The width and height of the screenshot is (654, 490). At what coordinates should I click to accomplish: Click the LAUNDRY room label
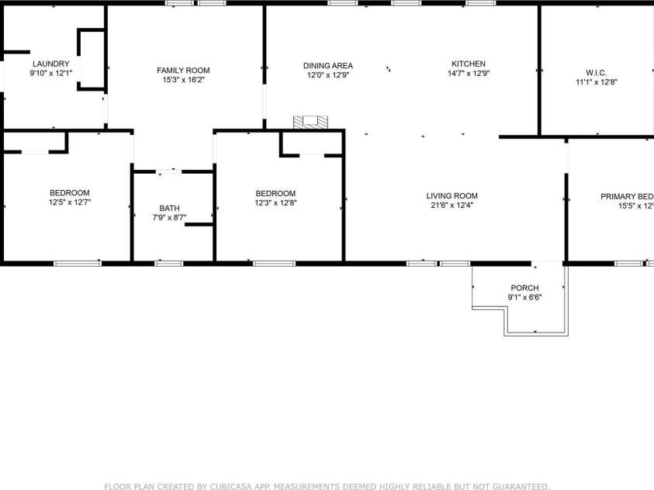50,64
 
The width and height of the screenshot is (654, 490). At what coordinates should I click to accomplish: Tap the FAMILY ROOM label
183,70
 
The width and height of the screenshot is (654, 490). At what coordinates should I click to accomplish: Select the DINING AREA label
328,65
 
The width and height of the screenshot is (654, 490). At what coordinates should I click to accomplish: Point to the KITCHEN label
469,64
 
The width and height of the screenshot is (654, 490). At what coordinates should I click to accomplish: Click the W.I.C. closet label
596,72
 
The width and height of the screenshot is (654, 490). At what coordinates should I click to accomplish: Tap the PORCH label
524,288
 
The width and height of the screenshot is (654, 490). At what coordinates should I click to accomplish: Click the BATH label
169,208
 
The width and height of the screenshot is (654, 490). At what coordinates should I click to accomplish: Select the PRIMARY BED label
627,196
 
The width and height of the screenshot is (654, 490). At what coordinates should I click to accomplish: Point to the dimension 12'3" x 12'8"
275,203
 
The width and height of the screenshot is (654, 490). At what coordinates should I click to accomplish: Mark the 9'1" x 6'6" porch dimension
524,297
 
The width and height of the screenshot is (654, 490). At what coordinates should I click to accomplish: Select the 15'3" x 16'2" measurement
183,79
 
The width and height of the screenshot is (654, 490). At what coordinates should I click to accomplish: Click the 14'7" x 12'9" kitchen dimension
469,74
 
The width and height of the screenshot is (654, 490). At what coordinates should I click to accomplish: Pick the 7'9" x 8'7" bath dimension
169,217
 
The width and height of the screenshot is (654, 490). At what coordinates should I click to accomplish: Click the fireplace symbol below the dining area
310,122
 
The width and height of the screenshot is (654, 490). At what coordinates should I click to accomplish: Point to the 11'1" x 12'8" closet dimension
596,81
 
